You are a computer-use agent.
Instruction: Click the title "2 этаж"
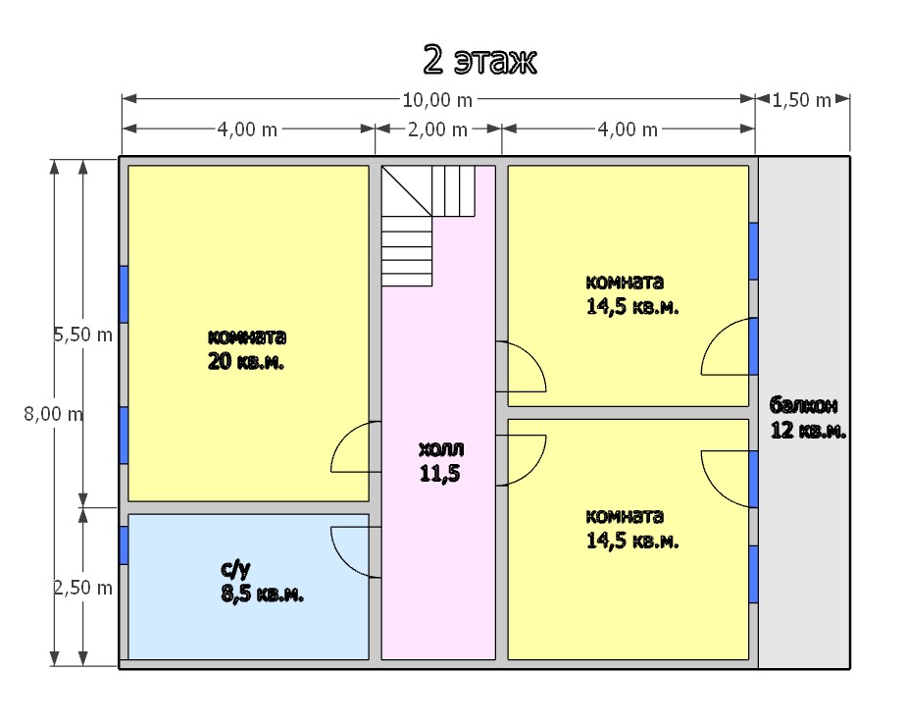(x=480, y=60)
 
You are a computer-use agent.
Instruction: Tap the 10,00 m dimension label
(x=437, y=100)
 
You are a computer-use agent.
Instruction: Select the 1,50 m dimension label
(x=802, y=100)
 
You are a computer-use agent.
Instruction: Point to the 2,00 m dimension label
(x=437, y=129)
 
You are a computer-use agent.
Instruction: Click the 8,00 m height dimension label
(x=53, y=414)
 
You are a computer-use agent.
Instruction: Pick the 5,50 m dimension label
(x=82, y=335)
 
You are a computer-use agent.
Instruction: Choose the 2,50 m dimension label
(x=82, y=588)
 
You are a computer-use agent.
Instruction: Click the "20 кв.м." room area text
(x=246, y=362)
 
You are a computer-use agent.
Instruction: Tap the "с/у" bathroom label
(x=235, y=569)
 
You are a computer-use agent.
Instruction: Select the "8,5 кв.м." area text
(x=262, y=594)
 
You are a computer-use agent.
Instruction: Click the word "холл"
(x=441, y=448)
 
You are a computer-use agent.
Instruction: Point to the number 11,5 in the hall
(x=439, y=474)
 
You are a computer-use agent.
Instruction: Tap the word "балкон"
(x=803, y=405)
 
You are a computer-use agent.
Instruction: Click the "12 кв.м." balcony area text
(x=809, y=431)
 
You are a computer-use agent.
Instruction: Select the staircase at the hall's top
(x=428, y=226)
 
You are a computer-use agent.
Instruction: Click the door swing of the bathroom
(x=355, y=552)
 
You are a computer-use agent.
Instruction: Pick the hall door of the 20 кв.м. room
(x=355, y=446)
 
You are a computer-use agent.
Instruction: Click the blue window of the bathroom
(x=124, y=545)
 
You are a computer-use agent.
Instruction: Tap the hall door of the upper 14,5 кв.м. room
(x=522, y=367)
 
